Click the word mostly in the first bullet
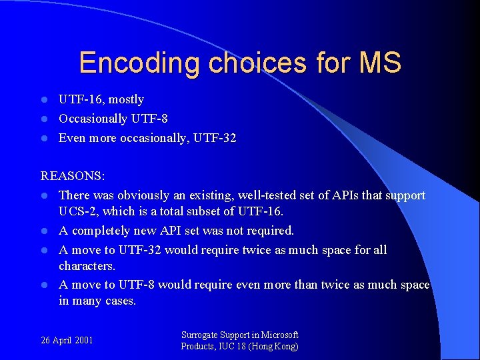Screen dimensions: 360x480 126,99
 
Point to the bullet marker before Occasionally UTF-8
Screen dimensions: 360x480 44,119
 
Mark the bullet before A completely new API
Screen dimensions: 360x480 44,231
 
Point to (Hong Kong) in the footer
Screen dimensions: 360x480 273,346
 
